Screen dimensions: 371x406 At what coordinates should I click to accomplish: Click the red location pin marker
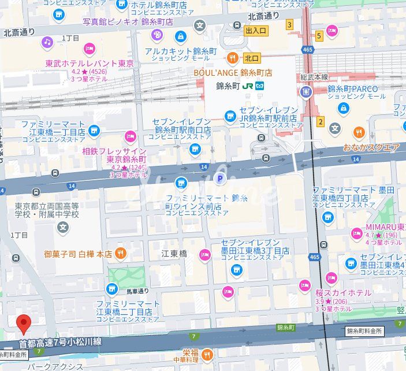click(x=23, y=324)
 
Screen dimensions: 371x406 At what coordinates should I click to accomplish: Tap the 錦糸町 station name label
click(x=228, y=86)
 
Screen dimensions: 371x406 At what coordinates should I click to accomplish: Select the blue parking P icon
click(x=219, y=180)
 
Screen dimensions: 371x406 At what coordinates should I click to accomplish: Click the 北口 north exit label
click(x=252, y=58)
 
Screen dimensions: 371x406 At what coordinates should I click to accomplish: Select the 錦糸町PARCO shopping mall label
click(x=352, y=89)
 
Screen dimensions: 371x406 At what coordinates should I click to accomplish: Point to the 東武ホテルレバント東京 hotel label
click(x=90, y=63)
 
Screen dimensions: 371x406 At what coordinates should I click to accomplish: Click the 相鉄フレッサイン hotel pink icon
click(x=131, y=137)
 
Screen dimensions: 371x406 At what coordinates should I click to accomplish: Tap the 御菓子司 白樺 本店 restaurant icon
click(x=120, y=253)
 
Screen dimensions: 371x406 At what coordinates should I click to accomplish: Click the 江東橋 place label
click(x=174, y=253)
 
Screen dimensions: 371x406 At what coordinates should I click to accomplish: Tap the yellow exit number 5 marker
click(x=318, y=36)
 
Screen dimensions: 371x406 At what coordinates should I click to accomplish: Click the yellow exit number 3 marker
click(x=289, y=24)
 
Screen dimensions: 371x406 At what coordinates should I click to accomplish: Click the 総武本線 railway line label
click(x=314, y=77)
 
